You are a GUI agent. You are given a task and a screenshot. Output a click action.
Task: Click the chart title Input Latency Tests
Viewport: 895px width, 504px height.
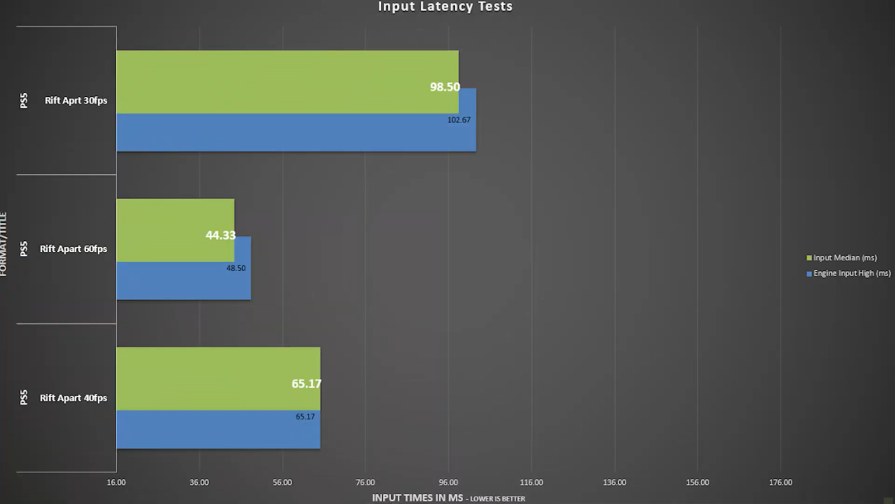pos(445,7)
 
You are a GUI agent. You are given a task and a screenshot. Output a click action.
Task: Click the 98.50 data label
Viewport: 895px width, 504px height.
pos(444,86)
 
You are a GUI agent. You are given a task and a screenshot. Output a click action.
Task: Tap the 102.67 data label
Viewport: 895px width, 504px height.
pos(458,120)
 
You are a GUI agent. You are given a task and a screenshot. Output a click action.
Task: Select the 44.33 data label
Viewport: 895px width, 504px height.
pos(220,235)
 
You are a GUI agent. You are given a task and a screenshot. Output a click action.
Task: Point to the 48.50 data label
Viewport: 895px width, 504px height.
pos(235,269)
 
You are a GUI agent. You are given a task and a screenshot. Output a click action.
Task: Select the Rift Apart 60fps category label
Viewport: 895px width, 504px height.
pos(73,250)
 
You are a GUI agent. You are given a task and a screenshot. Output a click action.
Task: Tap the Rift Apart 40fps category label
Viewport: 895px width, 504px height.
pos(73,398)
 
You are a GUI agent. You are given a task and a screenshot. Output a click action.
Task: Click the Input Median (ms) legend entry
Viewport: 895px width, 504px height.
pos(844,258)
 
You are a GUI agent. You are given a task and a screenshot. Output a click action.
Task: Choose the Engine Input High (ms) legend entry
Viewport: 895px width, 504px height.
pos(851,274)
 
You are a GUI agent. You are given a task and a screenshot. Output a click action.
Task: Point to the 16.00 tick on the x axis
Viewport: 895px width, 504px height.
pos(116,482)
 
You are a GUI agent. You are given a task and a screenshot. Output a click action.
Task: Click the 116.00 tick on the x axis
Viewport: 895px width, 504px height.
pos(531,482)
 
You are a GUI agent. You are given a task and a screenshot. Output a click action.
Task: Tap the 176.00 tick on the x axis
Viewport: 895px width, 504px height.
pos(781,482)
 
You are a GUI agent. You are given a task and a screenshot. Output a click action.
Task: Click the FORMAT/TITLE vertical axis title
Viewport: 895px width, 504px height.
pos(4,244)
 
